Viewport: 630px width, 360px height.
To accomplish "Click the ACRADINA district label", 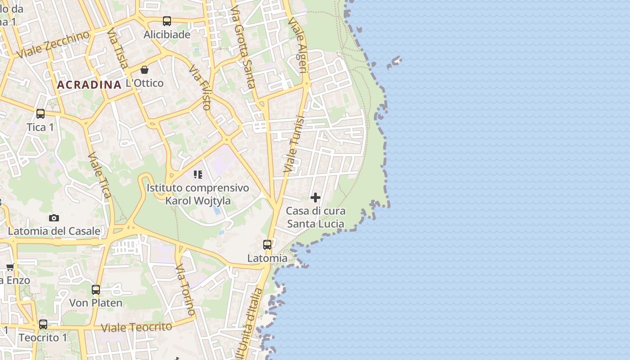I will [x=89, y=85].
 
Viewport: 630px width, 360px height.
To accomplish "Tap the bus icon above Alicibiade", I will [x=167, y=21].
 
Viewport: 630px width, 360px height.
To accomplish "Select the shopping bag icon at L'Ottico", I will [x=144, y=70].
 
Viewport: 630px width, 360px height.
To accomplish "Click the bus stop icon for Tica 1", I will [x=40, y=114].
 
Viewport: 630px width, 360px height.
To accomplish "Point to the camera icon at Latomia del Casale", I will [x=54, y=218].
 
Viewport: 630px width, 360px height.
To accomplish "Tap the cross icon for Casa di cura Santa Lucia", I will [x=315, y=197].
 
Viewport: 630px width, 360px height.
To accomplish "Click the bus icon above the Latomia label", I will [x=267, y=245].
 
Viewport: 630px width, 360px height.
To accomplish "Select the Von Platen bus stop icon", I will [x=96, y=290].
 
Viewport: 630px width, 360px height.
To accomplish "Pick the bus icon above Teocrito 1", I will [x=43, y=324].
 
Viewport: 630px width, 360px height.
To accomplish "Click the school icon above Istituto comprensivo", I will [x=198, y=174].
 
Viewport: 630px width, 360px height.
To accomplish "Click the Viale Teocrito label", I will [x=137, y=327].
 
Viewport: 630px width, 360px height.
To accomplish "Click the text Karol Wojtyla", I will [x=198, y=201].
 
